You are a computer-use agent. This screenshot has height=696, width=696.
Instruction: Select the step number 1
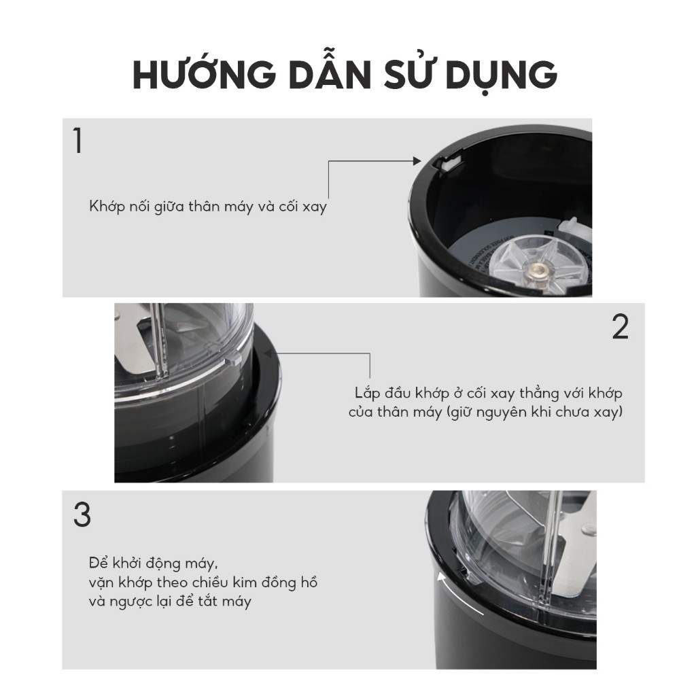click(x=78, y=141)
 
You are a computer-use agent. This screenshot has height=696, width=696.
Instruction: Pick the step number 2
click(x=620, y=327)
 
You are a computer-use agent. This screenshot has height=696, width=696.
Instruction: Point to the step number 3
click(x=82, y=515)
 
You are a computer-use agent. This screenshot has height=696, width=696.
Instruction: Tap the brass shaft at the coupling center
click(x=538, y=268)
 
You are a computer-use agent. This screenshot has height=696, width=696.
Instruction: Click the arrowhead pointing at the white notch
click(x=417, y=160)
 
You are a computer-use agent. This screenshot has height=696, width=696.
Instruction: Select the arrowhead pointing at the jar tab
click(x=268, y=353)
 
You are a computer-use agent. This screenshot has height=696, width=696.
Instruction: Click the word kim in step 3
click(x=245, y=582)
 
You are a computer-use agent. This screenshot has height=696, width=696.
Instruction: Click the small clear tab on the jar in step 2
click(x=234, y=359)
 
